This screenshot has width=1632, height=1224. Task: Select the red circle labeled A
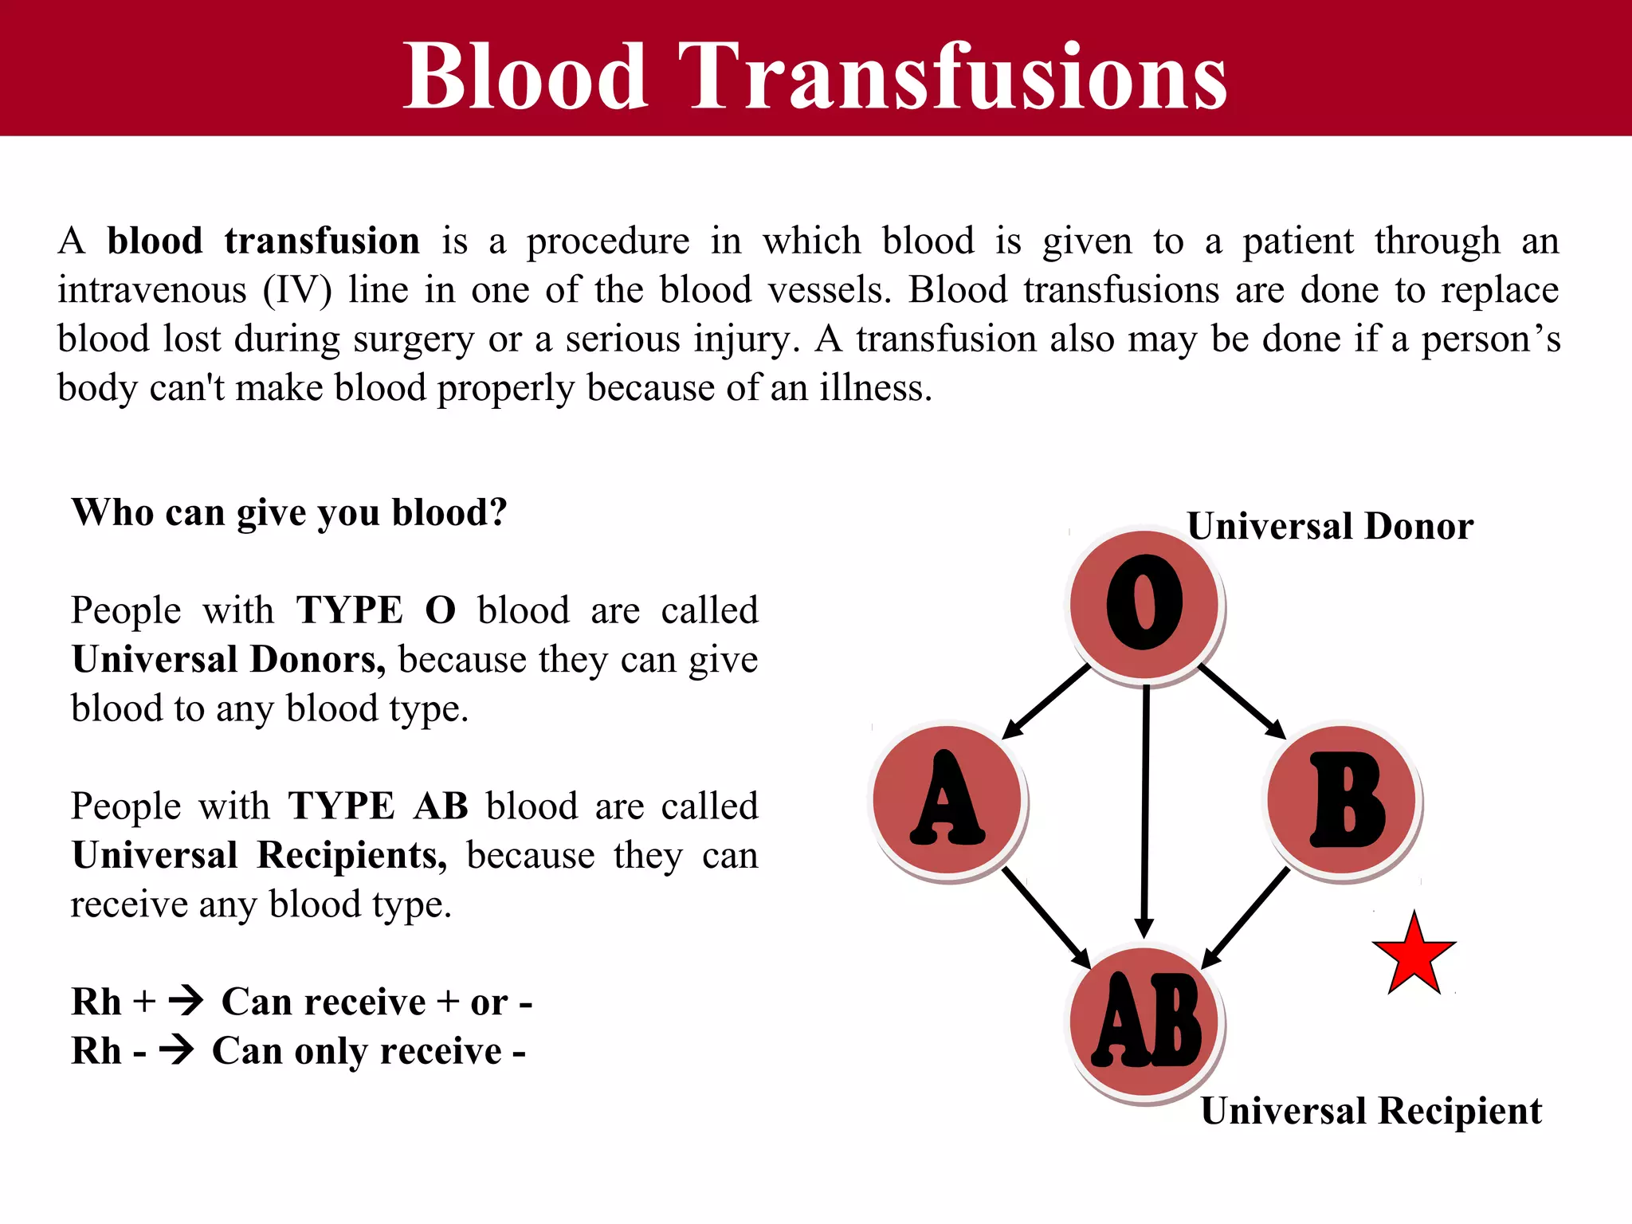tap(947, 798)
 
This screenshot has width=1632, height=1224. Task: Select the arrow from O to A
tap(1045, 702)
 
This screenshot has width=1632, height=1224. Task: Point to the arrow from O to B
tap(1242, 701)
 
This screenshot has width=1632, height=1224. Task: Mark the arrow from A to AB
tap(1045, 917)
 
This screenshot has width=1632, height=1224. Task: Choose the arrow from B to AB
tap(1245, 917)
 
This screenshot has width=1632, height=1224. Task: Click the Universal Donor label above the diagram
tap(1329, 527)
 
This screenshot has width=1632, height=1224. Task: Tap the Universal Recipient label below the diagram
tap(1371, 1111)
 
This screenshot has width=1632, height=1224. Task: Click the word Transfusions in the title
tap(952, 76)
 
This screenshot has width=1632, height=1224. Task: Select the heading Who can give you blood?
tap(289, 512)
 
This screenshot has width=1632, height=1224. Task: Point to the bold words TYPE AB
tap(378, 806)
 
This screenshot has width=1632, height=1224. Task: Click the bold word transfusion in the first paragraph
tap(321, 241)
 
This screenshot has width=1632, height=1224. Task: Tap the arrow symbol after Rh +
tap(186, 1000)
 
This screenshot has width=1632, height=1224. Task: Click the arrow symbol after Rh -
tap(177, 1049)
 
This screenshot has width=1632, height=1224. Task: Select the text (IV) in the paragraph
tap(297, 290)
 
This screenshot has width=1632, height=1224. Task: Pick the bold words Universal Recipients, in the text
tap(259, 855)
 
